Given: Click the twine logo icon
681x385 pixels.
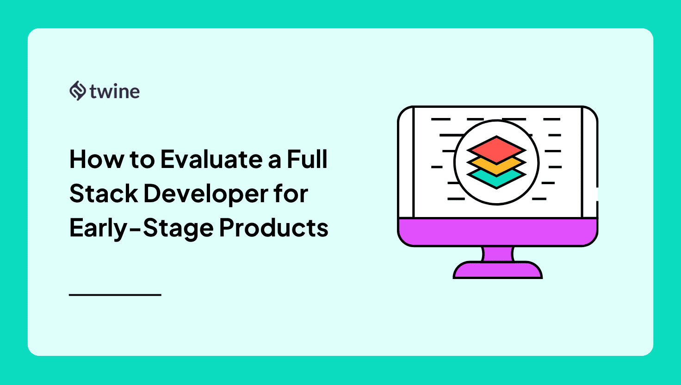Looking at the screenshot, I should tap(77, 91).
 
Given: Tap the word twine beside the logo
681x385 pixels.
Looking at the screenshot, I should tap(115, 91).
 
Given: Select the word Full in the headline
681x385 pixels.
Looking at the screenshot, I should tap(307, 159).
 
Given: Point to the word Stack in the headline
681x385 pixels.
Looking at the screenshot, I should tap(104, 193).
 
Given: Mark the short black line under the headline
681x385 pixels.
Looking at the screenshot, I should tap(115, 294).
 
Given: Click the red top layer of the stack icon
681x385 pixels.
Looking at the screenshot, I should tap(496, 149).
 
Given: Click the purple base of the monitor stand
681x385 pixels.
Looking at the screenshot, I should tap(497, 271).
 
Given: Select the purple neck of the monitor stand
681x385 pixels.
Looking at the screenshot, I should tap(497, 254).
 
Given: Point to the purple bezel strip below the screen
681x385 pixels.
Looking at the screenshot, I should tap(497, 231).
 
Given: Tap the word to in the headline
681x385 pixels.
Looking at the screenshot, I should tap(142, 159).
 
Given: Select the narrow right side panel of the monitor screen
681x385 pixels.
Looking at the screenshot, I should tap(589, 162).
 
